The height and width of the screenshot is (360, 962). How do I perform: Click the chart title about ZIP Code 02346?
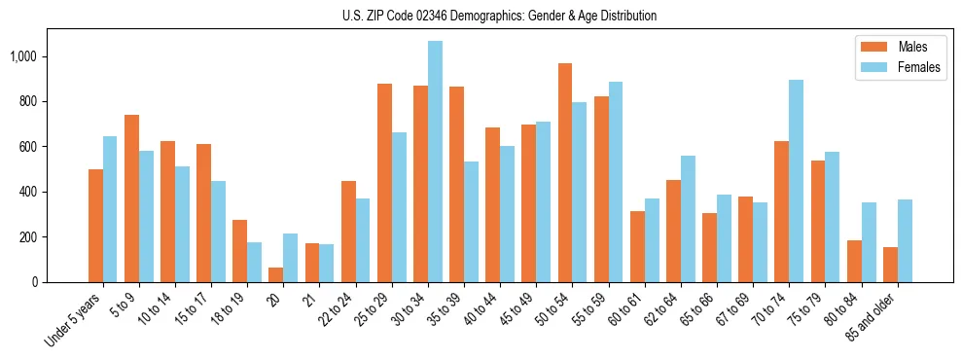tap(499, 16)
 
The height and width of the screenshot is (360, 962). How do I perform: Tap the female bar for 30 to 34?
tap(435, 162)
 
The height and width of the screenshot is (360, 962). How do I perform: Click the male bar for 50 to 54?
tap(565, 173)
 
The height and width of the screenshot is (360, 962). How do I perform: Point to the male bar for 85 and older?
tap(890, 265)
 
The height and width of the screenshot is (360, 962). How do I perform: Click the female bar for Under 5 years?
tap(110, 209)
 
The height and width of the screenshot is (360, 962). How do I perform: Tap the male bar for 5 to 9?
tap(131, 198)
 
